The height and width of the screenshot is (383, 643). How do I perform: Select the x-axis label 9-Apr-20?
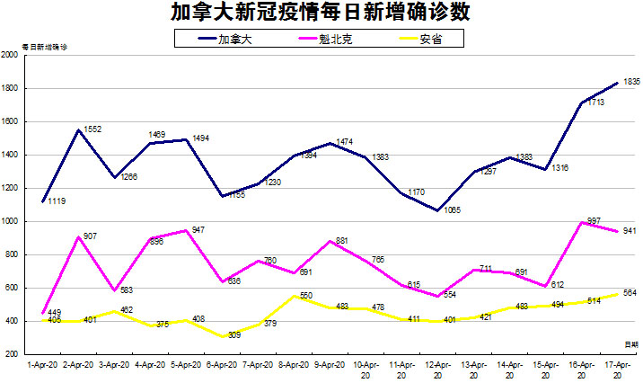point(330,366)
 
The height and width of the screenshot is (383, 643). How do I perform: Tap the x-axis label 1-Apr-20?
point(42,366)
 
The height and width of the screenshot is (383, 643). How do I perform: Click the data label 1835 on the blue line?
point(630,82)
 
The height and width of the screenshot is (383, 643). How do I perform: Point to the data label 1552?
point(92,129)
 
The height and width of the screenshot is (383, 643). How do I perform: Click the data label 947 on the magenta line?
point(199,230)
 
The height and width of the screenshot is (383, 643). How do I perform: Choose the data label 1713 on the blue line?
point(594,104)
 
